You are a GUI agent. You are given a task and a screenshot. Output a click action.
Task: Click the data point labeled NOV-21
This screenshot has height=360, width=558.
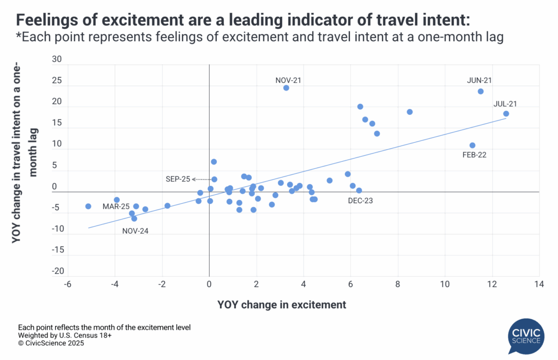286,88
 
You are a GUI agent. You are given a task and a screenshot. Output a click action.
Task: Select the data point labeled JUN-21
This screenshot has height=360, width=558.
481,91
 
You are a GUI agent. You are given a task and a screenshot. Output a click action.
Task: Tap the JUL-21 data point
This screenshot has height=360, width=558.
506,114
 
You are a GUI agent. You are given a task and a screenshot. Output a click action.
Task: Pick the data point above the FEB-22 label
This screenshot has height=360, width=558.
472,145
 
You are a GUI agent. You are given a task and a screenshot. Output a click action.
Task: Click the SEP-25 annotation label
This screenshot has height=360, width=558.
178,179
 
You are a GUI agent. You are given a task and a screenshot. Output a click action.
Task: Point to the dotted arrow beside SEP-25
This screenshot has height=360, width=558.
202,179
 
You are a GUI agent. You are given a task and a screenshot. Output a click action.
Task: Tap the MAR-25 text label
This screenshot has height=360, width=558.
116,207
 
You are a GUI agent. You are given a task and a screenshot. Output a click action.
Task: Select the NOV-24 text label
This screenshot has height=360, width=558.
135,230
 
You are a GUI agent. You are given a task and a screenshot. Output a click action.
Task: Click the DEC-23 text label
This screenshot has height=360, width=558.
361,200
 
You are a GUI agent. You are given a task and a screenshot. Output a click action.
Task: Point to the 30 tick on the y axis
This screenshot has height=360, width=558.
57,60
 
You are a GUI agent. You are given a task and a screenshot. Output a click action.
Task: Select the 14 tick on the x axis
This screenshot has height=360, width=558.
539,284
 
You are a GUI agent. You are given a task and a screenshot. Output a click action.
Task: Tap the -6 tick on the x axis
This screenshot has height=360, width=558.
68,284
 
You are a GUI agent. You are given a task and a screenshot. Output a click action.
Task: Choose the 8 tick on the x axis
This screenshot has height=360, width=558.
398,284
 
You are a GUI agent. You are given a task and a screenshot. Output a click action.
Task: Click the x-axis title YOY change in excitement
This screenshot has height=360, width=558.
282,305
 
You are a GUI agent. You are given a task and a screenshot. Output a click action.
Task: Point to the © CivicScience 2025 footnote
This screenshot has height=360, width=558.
51,344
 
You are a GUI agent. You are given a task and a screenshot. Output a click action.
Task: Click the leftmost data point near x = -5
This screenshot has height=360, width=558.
88,206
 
